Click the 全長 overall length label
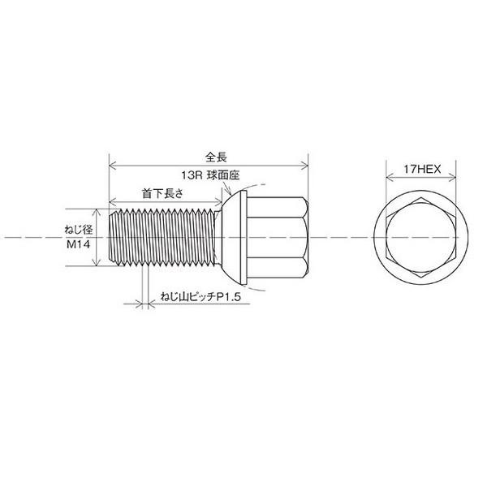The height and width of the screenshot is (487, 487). click(x=216, y=157)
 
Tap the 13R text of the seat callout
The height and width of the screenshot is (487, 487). click(x=192, y=175)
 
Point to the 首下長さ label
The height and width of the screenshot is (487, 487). click(x=163, y=194)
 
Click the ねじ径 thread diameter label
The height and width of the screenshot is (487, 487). click(x=79, y=231)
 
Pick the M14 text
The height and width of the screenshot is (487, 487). click(x=79, y=244)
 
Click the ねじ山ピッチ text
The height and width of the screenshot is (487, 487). click(x=188, y=297)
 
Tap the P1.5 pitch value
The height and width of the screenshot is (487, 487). click(x=229, y=297)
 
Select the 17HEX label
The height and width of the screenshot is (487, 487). click(x=422, y=170)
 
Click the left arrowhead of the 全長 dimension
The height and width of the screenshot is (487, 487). click(x=112, y=166)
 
